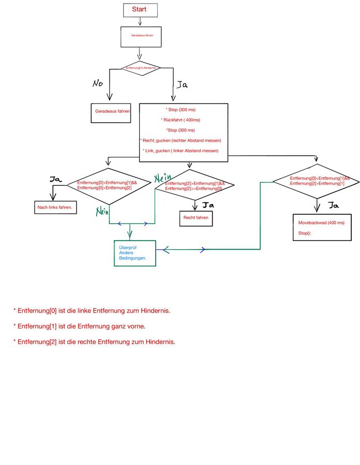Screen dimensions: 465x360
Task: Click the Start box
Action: click(x=139, y=9)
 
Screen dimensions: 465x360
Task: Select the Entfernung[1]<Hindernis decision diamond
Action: click(x=141, y=68)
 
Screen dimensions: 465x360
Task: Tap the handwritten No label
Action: click(x=98, y=84)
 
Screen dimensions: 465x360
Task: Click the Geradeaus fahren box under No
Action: click(x=110, y=111)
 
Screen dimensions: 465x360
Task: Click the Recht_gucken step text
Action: click(x=181, y=141)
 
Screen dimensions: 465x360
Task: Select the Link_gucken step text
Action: click(x=181, y=151)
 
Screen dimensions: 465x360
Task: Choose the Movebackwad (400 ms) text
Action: click(x=321, y=222)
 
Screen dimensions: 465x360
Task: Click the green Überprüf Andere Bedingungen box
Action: click(x=134, y=253)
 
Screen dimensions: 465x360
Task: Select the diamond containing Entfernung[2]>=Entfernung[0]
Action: click(x=195, y=186)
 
